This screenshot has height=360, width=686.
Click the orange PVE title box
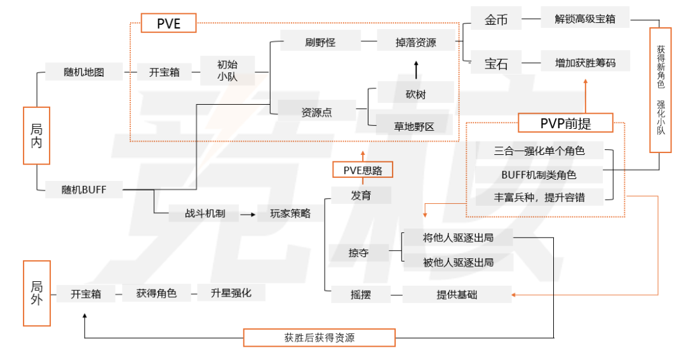click(x=168, y=23)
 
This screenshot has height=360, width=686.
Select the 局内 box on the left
click(x=37, y=136)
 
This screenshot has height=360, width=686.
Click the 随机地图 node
click(x=84, y=72)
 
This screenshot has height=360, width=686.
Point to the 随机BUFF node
click(x=84, y=189)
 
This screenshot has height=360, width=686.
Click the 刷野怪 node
click(x=320, y=43)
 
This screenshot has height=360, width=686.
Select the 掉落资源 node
click(x=415, y=43)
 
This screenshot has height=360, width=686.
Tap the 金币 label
click(x=497, y=20)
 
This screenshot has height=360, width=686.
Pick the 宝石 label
click(x=497, y=63)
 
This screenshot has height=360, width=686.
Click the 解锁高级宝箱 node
click(x=585, y=19)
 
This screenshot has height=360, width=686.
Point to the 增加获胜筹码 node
click(x=585, y=63)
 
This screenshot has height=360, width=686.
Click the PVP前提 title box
click(x=566, y=123)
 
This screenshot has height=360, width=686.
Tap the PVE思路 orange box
click(x=363, y=170)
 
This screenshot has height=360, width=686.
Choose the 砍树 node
click(x=415, y=95)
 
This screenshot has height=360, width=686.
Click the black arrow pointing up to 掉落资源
click(x=416, y=69)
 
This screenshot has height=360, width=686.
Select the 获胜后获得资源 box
click(x=319, y=337)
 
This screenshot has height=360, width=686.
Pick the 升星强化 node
click(x=231, y=293)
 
